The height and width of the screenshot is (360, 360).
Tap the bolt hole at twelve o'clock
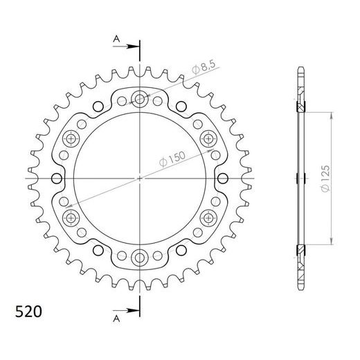coord(140,99)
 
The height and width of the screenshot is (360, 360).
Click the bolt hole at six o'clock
coord(140,258)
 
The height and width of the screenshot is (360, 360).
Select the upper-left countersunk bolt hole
coord(71,138)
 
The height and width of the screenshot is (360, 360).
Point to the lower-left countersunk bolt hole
coord(71,218)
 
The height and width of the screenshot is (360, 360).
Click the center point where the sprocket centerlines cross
coord(140,179)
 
